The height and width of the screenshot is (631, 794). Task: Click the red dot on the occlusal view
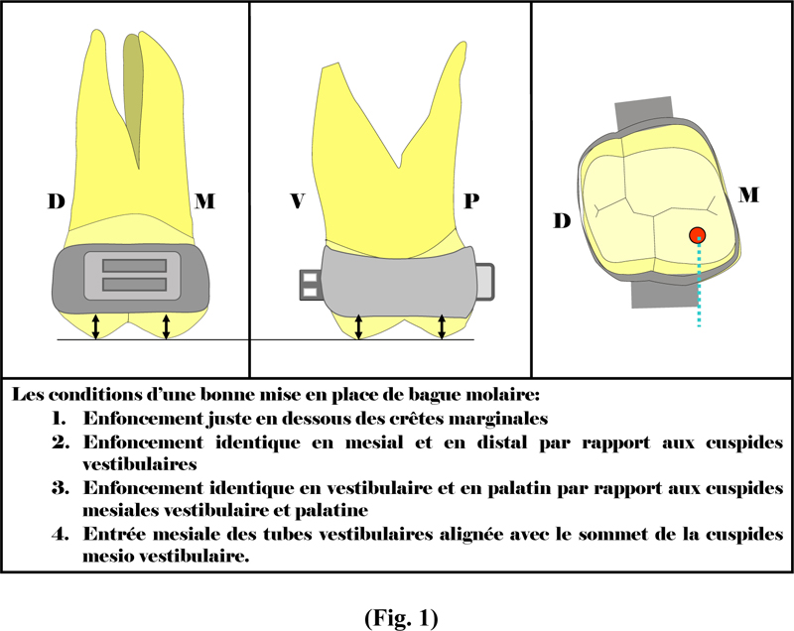(x=698, y=235)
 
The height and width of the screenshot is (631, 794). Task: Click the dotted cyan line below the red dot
(x=699, y=285)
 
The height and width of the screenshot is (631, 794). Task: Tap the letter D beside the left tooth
(x=57, y=201)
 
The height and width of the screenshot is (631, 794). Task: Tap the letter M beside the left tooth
(x=205, y=201)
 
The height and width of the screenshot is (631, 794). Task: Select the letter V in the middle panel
(x=297, y=201)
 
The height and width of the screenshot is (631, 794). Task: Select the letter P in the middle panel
(x=471, y=201)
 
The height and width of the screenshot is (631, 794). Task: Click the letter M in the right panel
(x=748, y=194)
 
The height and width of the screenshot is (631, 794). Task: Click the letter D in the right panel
(x=562, y=221)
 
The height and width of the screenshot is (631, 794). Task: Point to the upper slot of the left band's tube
(x=134, y=266)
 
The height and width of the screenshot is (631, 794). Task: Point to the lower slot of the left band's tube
(x=134, y=285)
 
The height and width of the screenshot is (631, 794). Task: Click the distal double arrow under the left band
(x=95, y=326)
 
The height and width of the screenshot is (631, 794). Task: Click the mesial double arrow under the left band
(x=166, y=326)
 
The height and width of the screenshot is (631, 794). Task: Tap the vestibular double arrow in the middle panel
(x=358, y=326)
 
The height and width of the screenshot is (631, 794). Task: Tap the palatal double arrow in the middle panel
(x=442, y=326)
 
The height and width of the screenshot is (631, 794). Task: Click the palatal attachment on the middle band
(x=484, y=282)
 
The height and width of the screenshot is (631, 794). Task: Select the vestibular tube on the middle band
(x=310, y=285)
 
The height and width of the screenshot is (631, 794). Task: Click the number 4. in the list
(x=61, y=534)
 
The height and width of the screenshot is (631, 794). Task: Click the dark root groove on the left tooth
(x=134, y=96)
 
